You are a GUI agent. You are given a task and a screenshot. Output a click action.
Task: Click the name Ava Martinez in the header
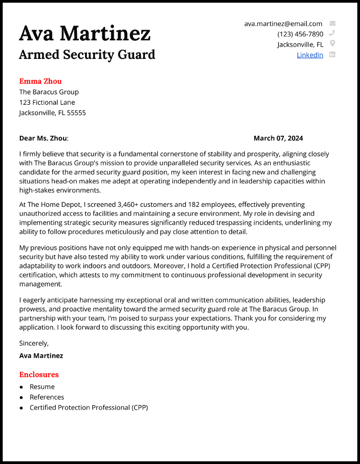(85, 33)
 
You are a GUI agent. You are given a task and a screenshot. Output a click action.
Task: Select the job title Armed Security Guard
(87, 54)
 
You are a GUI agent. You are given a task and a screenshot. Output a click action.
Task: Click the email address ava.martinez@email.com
(283, 24)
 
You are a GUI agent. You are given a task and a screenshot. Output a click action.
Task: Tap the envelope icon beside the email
(333, 23)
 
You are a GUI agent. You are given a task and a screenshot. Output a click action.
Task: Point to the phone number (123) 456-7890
(300, 34)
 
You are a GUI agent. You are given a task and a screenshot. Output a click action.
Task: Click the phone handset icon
(333, 33)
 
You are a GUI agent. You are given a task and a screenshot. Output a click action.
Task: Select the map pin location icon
(333, 44)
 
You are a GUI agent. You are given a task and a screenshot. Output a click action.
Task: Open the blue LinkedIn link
(310, 55)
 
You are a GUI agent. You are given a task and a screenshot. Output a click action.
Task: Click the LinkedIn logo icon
(333, 54)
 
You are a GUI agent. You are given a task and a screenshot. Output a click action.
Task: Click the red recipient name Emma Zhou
(40, 81)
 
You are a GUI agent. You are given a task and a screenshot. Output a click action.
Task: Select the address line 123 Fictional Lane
(47, 103)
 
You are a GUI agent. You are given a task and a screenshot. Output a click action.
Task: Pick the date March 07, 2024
(278, 138)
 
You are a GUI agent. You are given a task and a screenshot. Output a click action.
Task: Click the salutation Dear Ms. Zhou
(43, 138)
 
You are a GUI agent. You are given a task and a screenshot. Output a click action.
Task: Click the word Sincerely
(34, 343)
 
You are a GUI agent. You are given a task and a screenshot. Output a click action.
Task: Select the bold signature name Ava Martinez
(41, 356)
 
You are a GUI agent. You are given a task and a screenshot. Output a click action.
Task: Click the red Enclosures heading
(39, 375)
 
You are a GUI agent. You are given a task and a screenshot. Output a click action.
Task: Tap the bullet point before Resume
(22, 387)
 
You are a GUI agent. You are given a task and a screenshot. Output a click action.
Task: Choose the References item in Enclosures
(47, 397)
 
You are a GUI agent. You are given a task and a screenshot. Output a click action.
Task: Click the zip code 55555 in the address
(76, 113)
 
